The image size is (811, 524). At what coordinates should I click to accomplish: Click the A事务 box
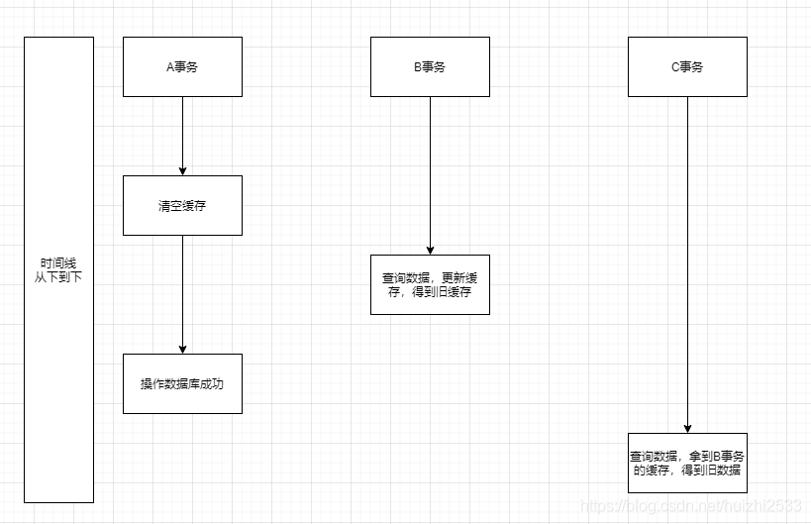pos(182,66)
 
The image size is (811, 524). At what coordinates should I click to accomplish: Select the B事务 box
pos(430,66)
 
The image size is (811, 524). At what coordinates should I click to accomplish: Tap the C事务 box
pos(687,66)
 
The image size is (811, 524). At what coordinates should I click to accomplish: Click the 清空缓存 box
pos(182,206)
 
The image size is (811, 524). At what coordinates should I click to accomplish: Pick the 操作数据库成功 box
pos(182,383)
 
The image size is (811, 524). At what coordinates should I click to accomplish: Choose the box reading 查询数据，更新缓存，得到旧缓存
pos(430,284)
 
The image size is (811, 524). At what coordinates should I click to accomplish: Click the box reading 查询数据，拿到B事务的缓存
pos(687,463)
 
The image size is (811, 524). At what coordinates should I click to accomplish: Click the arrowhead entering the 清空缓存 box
pos(182,170)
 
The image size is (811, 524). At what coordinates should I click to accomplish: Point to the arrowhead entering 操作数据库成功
pos(182,349)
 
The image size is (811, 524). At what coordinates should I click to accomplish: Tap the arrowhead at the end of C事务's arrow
pos(687,428)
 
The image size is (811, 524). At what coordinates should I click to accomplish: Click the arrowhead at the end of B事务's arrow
pos(430,250)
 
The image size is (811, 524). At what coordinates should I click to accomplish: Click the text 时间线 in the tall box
pos(58,263)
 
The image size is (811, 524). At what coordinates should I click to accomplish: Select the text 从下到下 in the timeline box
pos(58,277)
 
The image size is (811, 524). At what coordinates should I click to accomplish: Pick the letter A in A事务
pos(169,67)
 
